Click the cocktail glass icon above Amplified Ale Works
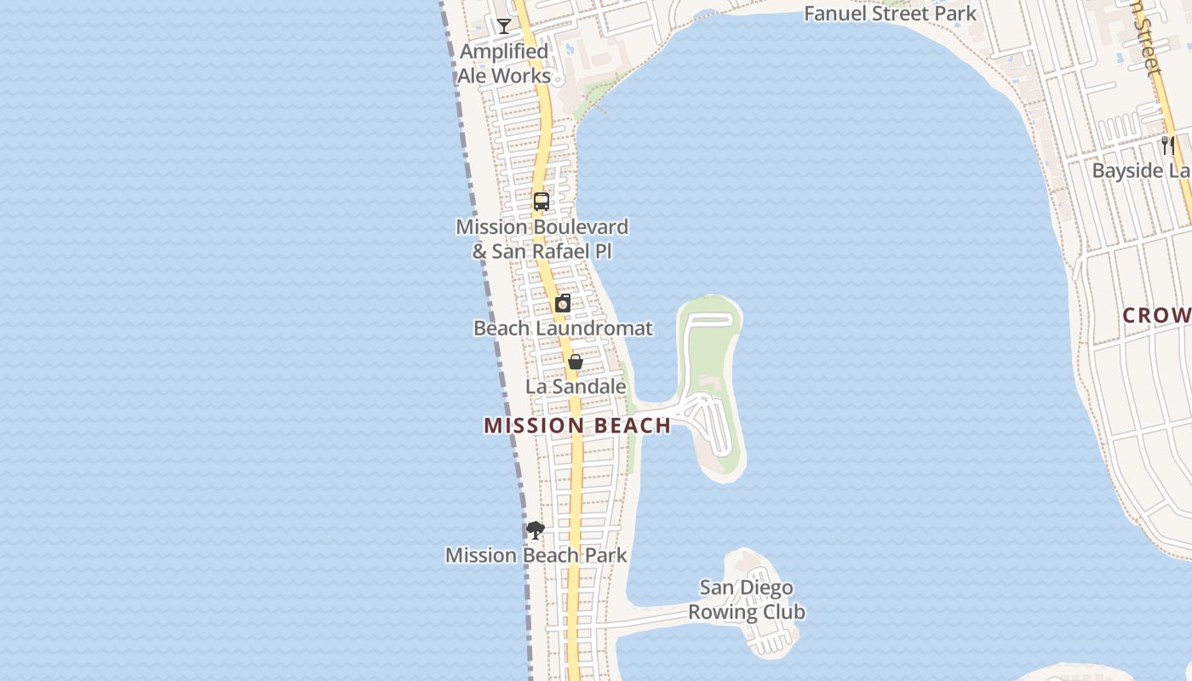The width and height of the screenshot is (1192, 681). tap(504, 26)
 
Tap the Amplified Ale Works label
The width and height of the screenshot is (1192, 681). tap(504, 64)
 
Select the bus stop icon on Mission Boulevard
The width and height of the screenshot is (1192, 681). tap(542, 202)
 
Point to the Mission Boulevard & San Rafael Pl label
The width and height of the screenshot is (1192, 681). tap(542, 239)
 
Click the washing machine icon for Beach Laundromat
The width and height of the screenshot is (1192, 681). tap(563, 303)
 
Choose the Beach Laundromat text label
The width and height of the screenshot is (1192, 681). tap(563, 329)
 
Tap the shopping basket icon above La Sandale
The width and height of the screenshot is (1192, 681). tap(576, 362)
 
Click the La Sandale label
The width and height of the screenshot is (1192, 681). tap(576, 386)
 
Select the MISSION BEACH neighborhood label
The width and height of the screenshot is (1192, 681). tap(577, 426)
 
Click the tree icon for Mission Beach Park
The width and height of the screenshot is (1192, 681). tap(536, 530)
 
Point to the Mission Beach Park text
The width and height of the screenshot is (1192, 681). tap(536, 556)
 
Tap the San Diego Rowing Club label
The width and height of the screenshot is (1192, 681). tap(747, 600)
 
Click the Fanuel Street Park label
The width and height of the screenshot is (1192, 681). tap(891, 14)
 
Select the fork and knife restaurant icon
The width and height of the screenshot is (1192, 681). tap(1168, 146)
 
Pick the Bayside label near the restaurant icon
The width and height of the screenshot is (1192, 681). tap(1141, 171)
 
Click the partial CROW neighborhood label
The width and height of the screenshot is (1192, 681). tap(1156, 316)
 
